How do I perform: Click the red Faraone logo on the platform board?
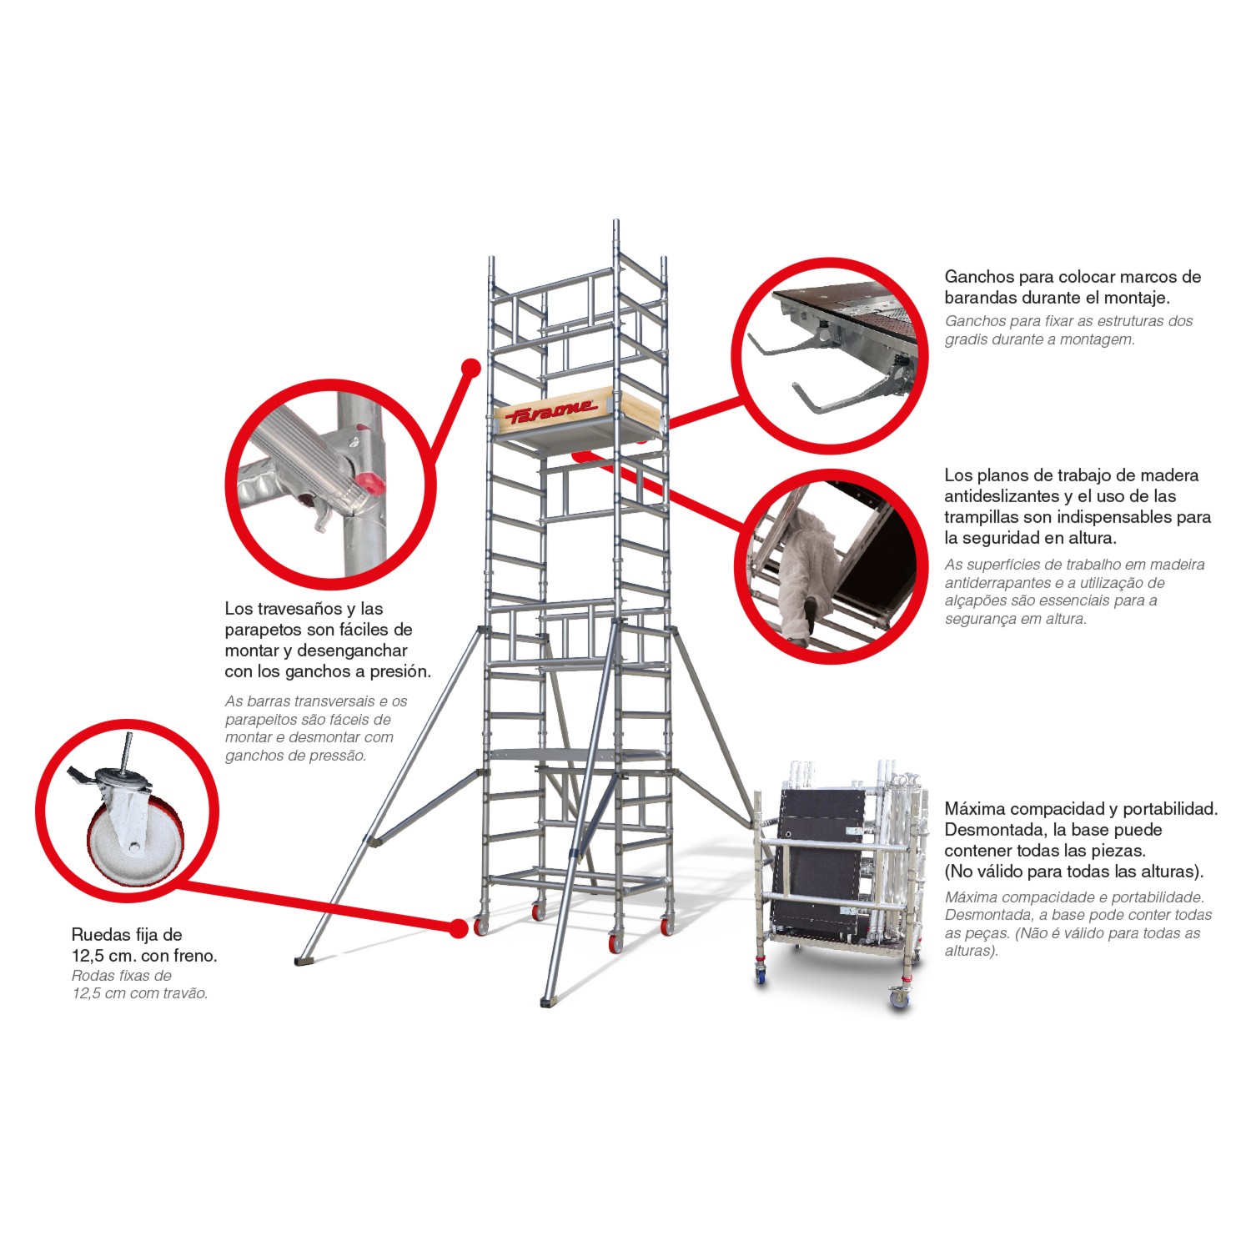click(x=552, y=409)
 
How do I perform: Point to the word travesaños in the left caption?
click(x=299, y=609)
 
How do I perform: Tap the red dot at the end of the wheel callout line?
click(x=458, y=928)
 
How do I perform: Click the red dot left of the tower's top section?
click(x=471, y=367)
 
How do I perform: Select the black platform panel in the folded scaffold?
click(x=821, y=863)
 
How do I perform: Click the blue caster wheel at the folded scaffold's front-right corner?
click(x=899, y=997)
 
